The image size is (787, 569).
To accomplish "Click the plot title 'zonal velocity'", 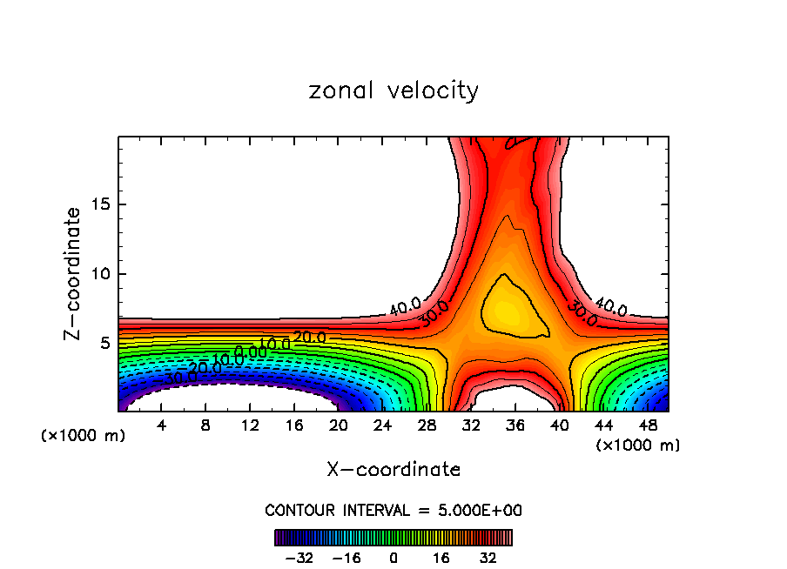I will click(x=393, y=90).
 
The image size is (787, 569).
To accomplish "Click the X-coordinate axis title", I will click(x=393, y=470).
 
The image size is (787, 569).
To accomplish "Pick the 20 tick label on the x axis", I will click(x=339, y=425).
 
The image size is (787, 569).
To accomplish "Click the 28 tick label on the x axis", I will click(x=427, y=425).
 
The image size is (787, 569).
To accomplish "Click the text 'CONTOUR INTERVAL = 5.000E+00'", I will click(x=393, y=510).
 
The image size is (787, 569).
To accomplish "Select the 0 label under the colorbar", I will click(x=393, y=558).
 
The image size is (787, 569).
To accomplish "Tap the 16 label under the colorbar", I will click(x=441, y=558).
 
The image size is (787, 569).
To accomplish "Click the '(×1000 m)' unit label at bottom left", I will click(x=84, y=436).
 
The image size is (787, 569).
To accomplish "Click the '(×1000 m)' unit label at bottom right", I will click(x=638, y=445).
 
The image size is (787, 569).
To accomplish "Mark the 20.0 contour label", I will click(x=309, y=337).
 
